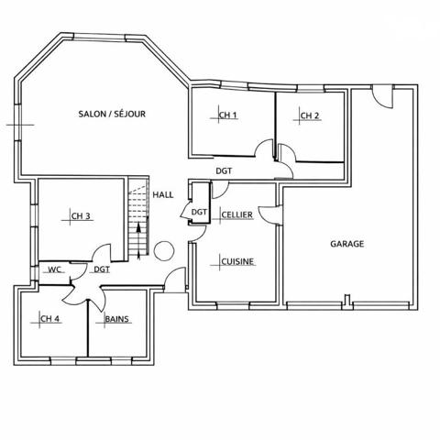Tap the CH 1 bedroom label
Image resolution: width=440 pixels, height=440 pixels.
[228, 115]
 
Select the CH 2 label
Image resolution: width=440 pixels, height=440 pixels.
[310, 115]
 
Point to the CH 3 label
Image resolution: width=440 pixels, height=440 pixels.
[81, 216]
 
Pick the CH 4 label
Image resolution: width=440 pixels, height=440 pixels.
[49, 319]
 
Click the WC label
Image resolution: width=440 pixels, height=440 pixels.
[54, 269]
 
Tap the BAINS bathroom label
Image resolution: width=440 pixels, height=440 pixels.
[116, 319]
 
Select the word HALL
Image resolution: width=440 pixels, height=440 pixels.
[163, 194]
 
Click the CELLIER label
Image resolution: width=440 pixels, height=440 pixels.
[236, 214]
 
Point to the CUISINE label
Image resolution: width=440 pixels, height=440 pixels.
[237, 262]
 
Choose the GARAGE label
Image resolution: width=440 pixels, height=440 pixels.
[347, 244]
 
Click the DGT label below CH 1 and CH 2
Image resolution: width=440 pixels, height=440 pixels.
[224, 170]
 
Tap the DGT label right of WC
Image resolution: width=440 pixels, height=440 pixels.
[101, 269]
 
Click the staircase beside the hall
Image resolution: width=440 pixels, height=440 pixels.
[137, 220]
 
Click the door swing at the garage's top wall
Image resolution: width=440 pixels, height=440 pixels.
[382, 94]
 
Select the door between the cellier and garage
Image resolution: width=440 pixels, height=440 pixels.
[269, 214]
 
